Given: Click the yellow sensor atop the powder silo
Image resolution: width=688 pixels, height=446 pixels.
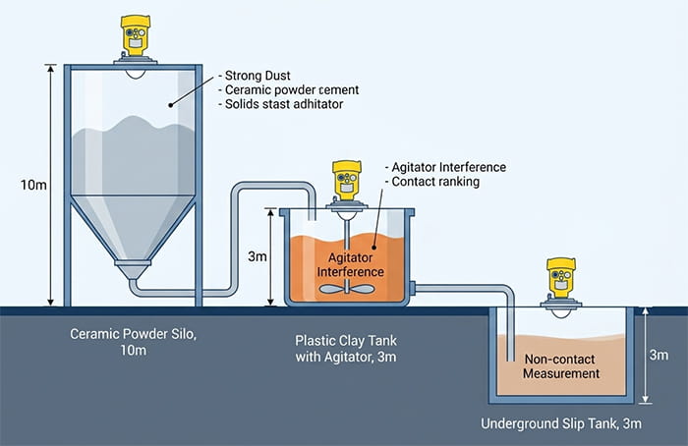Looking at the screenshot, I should tap(135, 38).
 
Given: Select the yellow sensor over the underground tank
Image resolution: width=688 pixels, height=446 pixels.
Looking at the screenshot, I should tap(560, 279).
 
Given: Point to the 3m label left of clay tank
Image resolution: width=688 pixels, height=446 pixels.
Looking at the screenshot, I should tap(257, 256).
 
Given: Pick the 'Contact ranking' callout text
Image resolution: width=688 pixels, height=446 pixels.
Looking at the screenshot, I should tap(431, 183).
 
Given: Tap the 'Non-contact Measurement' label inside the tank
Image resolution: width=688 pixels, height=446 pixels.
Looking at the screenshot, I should tap(561, 365).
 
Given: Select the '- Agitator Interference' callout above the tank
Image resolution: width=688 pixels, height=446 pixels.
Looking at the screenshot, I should tap(445, 167).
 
